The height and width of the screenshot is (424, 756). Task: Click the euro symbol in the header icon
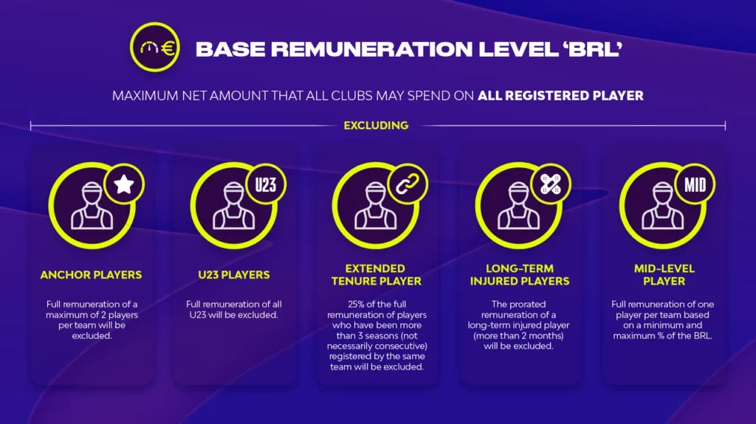168,48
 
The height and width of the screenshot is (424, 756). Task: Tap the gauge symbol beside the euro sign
149,47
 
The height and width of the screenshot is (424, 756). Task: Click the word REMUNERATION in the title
372,49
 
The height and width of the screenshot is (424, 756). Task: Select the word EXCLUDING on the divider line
376,126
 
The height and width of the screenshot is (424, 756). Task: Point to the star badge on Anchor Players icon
124,184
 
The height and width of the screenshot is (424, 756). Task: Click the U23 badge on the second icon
266,184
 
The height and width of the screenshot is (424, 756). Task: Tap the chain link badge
408,184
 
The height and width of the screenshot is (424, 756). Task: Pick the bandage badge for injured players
551,184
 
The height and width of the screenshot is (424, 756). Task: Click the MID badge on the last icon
695,184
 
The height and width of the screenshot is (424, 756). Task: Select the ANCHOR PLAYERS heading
91,274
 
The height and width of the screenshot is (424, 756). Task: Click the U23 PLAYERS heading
234,274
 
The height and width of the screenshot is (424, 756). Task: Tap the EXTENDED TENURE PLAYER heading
376,274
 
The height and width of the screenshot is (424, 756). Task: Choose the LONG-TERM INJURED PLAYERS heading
520,274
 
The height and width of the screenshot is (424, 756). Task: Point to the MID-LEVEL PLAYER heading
664,274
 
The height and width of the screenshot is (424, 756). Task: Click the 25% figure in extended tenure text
357,304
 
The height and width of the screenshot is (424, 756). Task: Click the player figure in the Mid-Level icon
662,206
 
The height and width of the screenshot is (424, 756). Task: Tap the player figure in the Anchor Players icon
92,206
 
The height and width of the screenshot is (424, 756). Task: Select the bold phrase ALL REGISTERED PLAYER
560,95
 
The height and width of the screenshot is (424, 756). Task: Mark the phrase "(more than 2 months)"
518,336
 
